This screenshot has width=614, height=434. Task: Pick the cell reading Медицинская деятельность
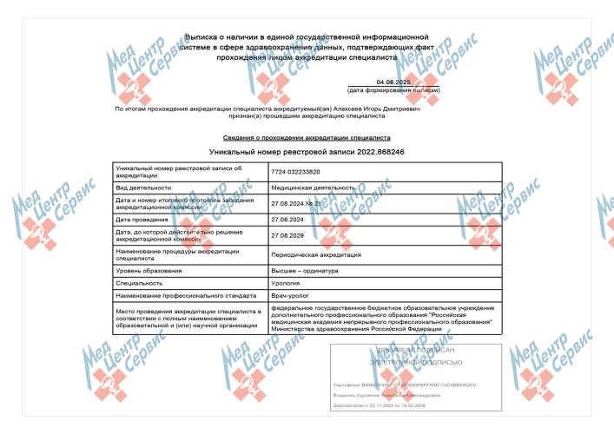tap(314, 187)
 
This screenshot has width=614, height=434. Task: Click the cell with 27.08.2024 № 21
tap(298, 203)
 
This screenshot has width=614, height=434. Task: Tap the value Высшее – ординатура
tap(305, 271)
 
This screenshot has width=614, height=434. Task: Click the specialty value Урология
tap(286, 283)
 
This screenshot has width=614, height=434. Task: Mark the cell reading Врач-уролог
tap(290, 295)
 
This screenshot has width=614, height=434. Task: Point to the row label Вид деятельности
tap(141, 187)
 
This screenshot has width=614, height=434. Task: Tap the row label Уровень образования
tap(145, 271)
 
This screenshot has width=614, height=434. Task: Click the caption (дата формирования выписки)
tap(393, 90)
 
